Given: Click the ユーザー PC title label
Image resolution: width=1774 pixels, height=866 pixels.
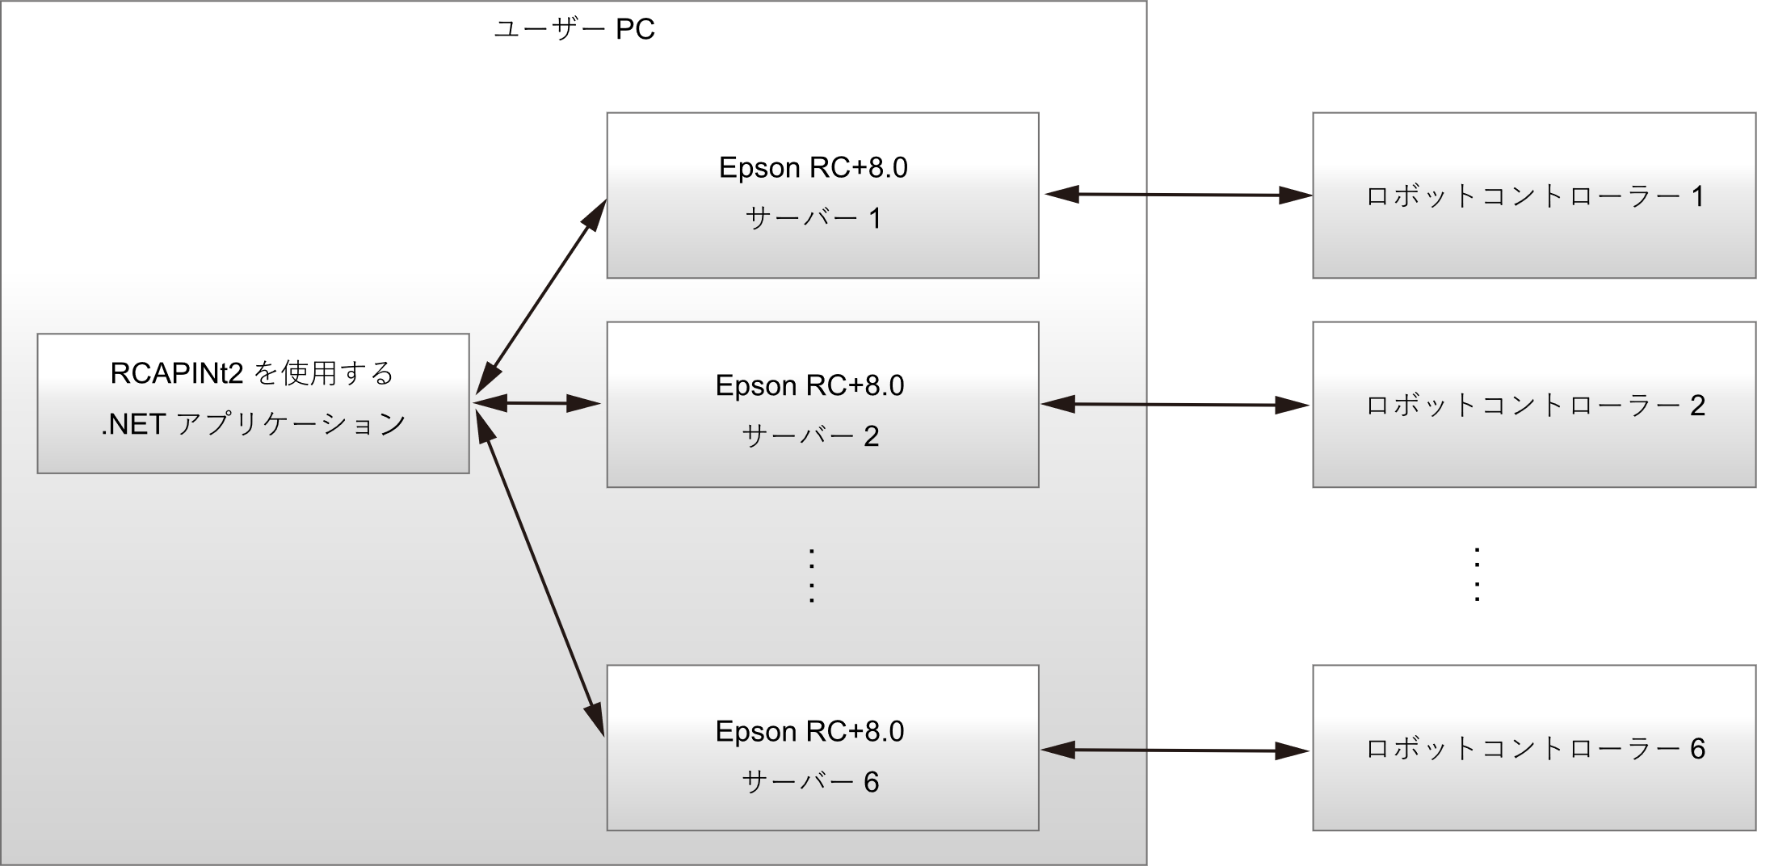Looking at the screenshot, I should [574, 30].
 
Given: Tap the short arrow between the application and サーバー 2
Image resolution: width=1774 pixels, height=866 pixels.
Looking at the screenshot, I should [536, 402].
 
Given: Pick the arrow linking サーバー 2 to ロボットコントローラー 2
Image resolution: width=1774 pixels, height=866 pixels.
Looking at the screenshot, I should [1176, 405].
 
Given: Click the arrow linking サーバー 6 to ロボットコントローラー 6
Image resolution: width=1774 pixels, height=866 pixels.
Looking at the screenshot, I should [1176, 751].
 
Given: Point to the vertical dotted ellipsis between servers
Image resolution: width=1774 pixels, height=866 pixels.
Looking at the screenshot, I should [810, 576].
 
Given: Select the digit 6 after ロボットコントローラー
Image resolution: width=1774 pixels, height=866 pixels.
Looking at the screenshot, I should [1697, 750].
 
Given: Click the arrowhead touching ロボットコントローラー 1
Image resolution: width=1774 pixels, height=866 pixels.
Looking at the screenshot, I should [1294, 195].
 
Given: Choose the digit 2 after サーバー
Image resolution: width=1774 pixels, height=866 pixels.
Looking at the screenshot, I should [871, 437].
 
